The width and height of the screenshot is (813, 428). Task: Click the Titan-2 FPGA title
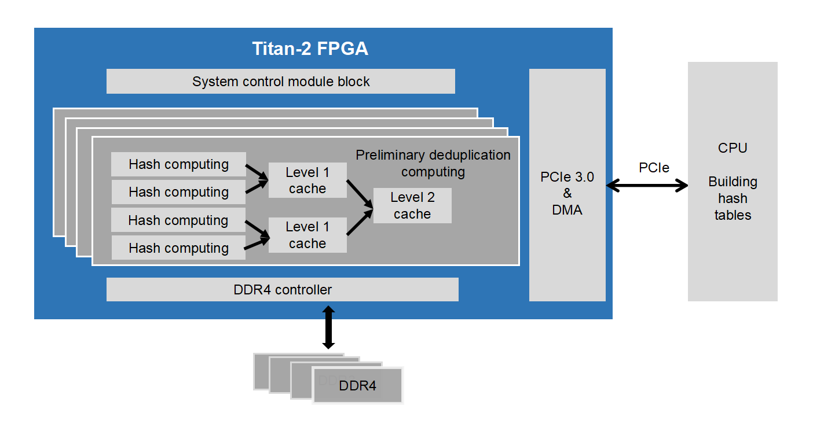click(310, 49)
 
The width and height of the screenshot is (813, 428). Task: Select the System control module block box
click(281, 82)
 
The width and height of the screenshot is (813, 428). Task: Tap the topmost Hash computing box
click(178, 164)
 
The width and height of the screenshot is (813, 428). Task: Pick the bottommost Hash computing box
click(178, 248)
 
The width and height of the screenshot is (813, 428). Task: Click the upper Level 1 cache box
click(307, 180)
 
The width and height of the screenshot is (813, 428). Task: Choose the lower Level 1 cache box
click(307, 235)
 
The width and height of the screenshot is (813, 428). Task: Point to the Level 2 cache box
click(412, 206)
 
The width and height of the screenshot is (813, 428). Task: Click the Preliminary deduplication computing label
click(433, 163)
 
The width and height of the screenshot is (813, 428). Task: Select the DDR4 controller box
click(283, 290)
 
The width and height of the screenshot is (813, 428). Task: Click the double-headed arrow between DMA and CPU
click(647, 186)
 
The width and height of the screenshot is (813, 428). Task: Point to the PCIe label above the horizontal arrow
click(654, 168)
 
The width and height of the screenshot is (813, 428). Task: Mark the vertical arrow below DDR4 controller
click(328, 327)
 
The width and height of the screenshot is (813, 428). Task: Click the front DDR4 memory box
click(358, 385)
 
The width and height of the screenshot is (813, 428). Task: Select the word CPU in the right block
click(733, 148)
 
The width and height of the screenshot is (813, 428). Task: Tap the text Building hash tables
click(733, 198)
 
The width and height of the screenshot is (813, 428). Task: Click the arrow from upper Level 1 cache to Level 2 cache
click(360, 194)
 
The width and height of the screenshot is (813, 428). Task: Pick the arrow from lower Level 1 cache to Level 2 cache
click(360, 223)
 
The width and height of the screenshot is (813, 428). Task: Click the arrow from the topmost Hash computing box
click(257, 172)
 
